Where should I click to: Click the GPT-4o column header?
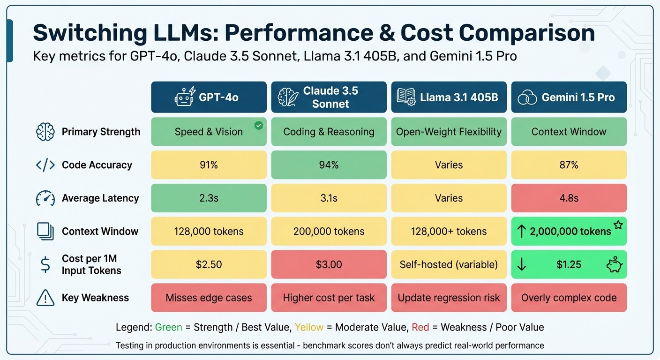point(209,97)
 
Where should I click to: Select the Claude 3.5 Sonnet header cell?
point(329,97)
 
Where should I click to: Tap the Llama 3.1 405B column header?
point(449,97)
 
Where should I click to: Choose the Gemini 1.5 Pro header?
point(569,97)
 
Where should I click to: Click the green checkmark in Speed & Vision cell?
point(258,125)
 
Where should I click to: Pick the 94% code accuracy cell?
point(329,165)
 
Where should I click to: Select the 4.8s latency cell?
point(569,198)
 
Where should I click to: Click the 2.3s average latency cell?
point(209,198)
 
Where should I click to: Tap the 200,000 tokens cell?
point(329,232)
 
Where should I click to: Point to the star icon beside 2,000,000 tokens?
point(618,225)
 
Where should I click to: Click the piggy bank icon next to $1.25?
point(614,265)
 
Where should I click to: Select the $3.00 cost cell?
point(329,265)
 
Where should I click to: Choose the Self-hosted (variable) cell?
point(449,265)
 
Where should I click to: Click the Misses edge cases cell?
point(209,298)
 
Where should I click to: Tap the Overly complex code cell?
point(569,298)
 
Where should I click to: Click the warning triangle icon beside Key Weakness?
point(45,298)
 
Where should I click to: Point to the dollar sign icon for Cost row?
point(45,265)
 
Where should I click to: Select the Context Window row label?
point(100,232)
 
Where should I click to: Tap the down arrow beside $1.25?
point(522,265)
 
